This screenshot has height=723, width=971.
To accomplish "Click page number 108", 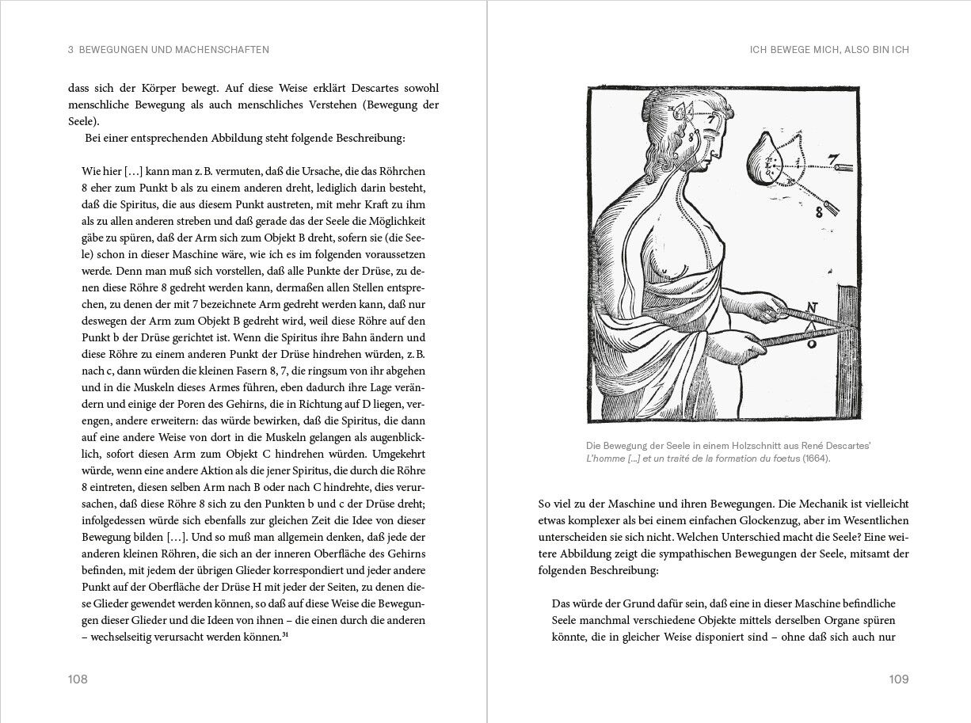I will click(77, 679).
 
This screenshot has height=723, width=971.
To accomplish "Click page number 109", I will click(898, 679).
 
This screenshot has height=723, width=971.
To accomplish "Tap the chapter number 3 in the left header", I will click(71, 50).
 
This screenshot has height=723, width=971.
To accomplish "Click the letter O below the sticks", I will click(810, 344).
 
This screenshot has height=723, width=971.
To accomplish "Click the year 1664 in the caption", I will click(816, 459).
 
